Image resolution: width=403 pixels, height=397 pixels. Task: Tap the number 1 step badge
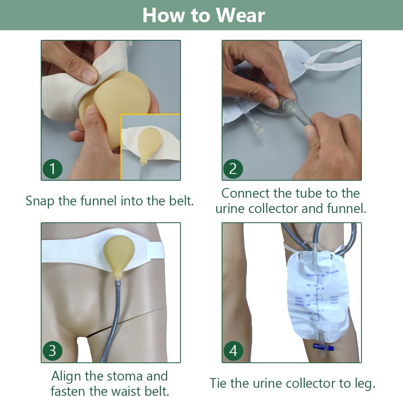[x=52, y=169]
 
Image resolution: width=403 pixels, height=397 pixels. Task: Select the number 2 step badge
[x=233, y=169]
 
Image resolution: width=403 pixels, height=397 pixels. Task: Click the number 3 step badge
[x=52, y=351]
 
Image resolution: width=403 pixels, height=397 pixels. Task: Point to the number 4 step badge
[x=233, y=351]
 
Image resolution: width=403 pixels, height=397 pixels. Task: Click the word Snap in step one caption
[x=40, y=201]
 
